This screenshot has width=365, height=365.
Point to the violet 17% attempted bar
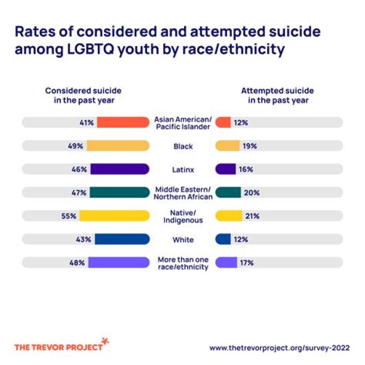[226, 263]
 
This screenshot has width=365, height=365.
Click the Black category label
[182, 146]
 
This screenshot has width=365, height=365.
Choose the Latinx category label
[182, 169]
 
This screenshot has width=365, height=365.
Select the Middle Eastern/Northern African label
[182, 193]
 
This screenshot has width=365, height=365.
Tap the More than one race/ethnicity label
[182, 263]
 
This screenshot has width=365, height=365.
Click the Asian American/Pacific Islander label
[182, 122]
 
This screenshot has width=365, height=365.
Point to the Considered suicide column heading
[83, 95]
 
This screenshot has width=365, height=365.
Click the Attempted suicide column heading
[277, 95]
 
